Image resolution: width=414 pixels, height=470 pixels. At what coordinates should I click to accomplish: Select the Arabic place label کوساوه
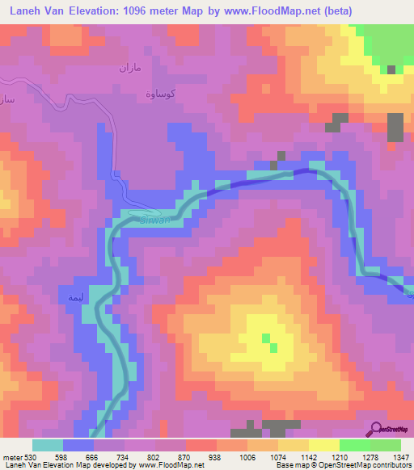tap(158, 90)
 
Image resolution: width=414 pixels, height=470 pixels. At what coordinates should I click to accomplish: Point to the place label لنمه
tap(71, 298)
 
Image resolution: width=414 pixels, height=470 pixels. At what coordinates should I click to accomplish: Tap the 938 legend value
tap(215, 458)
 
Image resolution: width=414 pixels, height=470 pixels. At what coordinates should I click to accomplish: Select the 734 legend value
tap(123, 458)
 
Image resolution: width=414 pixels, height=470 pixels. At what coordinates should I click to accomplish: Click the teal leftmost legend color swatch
tap(48, 445)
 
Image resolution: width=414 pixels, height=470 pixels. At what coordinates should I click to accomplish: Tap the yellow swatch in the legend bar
tap(324, 445)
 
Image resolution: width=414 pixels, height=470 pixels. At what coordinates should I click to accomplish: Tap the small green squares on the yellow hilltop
tap(269, 342)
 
